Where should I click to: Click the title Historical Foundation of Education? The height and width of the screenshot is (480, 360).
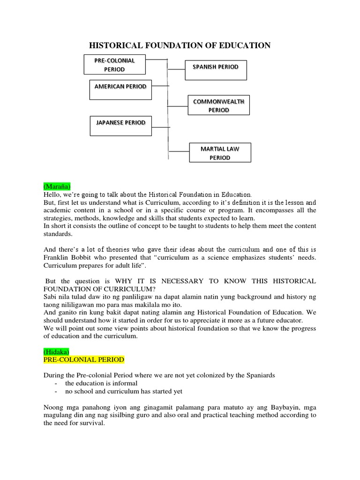[180, 45]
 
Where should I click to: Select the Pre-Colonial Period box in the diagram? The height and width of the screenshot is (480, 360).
[114, 65]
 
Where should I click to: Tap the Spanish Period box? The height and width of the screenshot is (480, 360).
[216, 69]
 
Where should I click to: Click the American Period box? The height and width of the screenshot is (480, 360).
[120, 89]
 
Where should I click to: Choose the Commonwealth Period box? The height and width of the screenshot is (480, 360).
[218, 105]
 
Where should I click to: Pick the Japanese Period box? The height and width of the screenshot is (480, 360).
[120, 126]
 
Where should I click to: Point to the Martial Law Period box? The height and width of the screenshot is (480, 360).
[220, 153]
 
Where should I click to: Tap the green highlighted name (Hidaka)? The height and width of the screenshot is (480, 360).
[56, 351]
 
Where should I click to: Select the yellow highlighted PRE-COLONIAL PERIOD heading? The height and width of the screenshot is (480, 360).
[84, 360]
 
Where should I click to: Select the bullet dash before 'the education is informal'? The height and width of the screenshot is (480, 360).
[56, 383]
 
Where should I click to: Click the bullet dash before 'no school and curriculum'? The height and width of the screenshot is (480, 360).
[56, 391]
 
